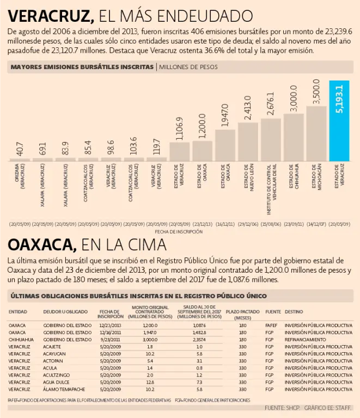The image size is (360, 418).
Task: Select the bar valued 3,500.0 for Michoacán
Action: click(x=316, y=133)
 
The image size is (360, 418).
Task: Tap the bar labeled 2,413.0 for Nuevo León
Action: click(x=248, y=142)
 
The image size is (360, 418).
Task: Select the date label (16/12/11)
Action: click(x=225, y=224)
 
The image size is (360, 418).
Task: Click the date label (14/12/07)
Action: click(x=316, y=224)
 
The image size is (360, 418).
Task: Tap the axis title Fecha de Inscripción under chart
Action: click(x=179, y=231)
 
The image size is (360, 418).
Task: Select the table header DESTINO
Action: click(x=294, y=312)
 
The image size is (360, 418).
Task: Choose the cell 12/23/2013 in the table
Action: click(x=111, y=325)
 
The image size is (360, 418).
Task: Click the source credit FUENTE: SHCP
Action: click(x=281, y=408)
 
